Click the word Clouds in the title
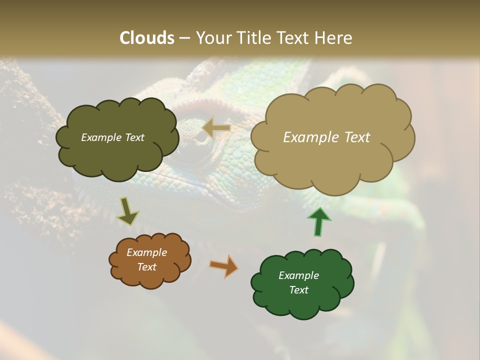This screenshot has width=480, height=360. click(147, 38)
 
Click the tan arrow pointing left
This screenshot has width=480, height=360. click(216, 128)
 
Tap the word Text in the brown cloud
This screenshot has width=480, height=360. click(147, 267)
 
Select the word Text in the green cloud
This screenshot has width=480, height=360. click(298, 290)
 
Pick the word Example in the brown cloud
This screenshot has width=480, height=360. click(146, 252)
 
